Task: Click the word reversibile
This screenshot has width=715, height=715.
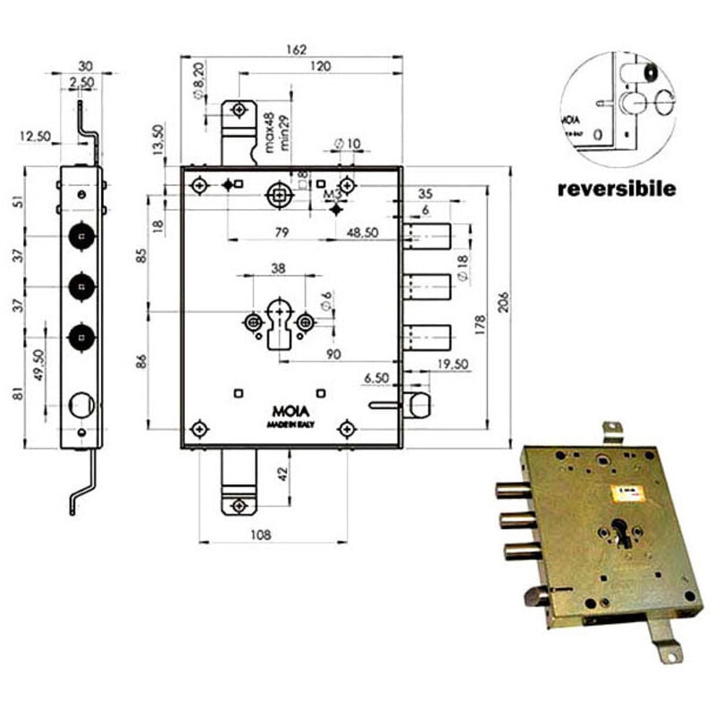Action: tap(616, 189)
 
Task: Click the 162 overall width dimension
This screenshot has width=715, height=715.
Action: tap(291, 50)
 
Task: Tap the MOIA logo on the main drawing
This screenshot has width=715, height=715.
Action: tap(289, 413)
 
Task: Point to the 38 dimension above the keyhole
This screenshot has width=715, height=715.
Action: tap(278, 267)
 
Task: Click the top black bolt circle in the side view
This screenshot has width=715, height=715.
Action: tap(81, 236)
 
